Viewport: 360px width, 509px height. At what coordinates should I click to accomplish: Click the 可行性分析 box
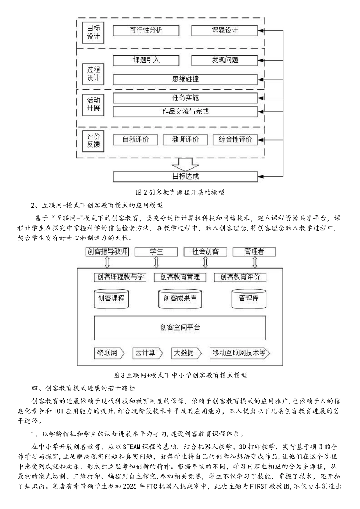146,30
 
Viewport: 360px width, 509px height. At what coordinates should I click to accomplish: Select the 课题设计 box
224,30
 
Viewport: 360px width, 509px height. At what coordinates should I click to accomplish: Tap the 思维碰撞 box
185,79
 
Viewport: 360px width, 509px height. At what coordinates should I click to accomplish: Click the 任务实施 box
185,98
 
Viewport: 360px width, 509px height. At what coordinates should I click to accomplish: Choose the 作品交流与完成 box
185,111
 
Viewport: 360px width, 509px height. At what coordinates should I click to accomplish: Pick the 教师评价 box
185,139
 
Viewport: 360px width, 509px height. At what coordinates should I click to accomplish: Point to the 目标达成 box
185,176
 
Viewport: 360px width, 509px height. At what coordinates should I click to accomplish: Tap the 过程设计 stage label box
93,74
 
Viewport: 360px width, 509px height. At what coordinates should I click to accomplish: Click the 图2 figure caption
180,192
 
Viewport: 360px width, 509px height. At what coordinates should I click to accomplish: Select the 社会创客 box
205,251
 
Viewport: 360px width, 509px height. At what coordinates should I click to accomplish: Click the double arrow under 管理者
254,262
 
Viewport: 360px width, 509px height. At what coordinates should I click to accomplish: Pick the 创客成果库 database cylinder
180,298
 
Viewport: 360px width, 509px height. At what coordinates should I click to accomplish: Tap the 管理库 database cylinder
249,298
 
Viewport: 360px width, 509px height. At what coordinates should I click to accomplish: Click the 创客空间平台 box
180,328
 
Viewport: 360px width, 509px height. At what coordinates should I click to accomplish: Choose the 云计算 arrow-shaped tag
147,353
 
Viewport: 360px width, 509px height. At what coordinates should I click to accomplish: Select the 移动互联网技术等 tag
240,353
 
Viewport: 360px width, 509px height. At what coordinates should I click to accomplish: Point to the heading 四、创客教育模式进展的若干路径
83,388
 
